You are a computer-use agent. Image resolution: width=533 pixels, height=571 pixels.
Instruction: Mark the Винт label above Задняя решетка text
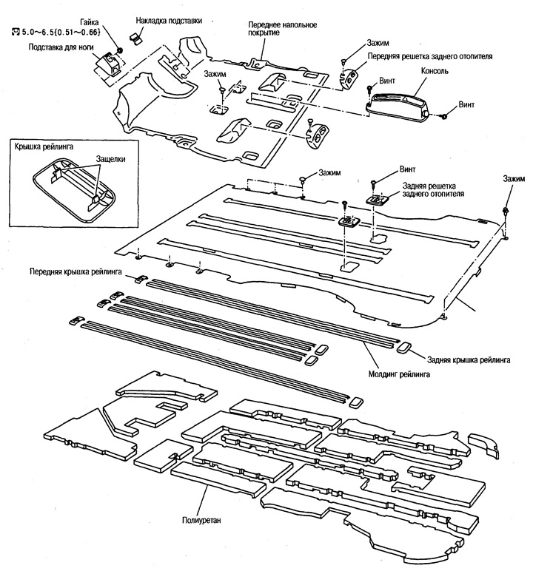coord(408,169)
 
